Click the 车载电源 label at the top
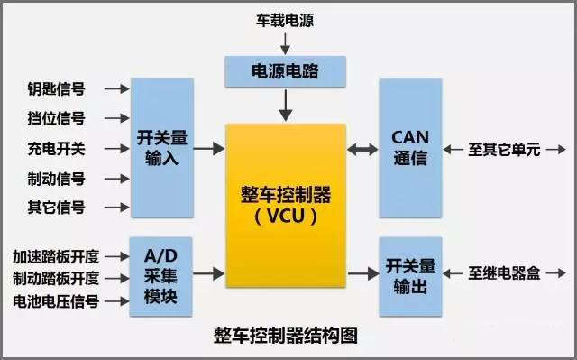click(x=285, y=19)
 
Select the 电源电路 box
click(x=285, y=69)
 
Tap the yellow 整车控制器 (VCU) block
click(x=286, y=205)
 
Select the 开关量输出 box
click(x=410, y=276)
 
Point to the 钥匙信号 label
click(x=57, y=89)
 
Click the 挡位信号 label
click(x=57, y=118)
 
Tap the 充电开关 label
click(x=57, y=148)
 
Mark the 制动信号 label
click(x=57, y=178)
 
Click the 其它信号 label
click(x=57, y=208)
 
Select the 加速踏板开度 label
click(x=56, y=255)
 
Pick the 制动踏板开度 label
click(x=56, y=278)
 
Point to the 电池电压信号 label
click(x=56, y=300)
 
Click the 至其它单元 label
click(x=504, y=149)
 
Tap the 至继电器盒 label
click(x=504, y=272)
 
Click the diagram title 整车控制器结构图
click(x=286, y=336)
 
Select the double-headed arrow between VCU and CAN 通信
click(x=362, y=148)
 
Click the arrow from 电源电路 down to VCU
click(x=285, y=105)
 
